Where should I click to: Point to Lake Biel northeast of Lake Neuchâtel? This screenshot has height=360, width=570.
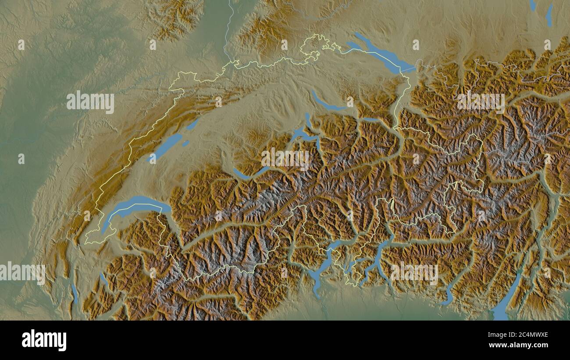click(192, 125)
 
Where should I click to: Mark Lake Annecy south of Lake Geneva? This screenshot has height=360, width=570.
click(103, 279)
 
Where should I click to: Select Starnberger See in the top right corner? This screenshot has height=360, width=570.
click(549, 15)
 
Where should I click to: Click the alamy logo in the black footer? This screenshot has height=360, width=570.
click(44, 340)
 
